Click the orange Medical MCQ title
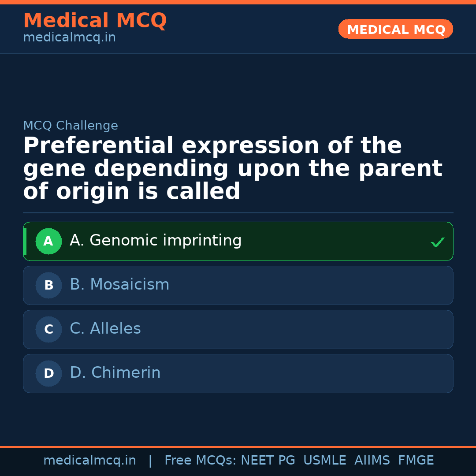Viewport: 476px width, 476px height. coord(95,21)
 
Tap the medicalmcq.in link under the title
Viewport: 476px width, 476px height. coord(69,38)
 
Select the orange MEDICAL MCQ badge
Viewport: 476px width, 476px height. coord(395,30)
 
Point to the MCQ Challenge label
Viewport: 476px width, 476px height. coord(71,126)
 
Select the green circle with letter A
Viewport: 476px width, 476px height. coord(48,242)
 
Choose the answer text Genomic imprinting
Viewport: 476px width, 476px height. coord(156,241)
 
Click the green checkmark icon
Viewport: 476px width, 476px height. coord(437,242)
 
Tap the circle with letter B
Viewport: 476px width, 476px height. coord(48,286)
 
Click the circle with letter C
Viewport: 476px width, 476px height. coord(48,330)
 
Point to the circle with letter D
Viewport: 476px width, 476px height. coord(48,374)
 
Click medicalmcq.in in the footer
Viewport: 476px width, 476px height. coord(89,461)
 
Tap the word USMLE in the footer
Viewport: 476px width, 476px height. coord(324,461)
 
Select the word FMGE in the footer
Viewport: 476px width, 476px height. coord(416,461)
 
